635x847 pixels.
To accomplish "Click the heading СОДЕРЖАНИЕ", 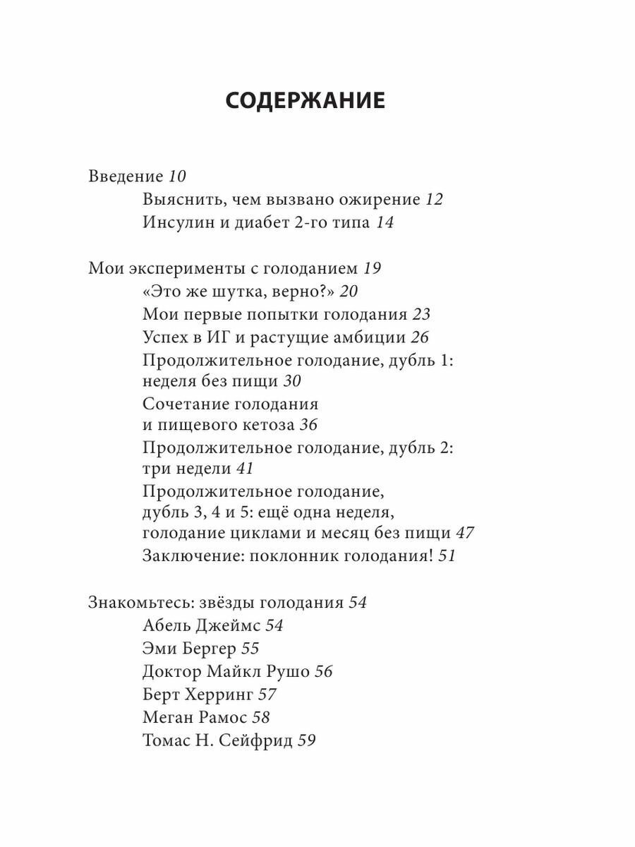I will pos(306,101).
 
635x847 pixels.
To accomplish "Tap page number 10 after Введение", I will pos(157,177).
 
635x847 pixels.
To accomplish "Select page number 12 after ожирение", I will pos(434,200).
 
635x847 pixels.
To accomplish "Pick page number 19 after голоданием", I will pos(372,269).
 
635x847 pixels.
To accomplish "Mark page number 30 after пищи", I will pos(292,382).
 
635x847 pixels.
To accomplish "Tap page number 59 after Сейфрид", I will pos(306,740).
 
